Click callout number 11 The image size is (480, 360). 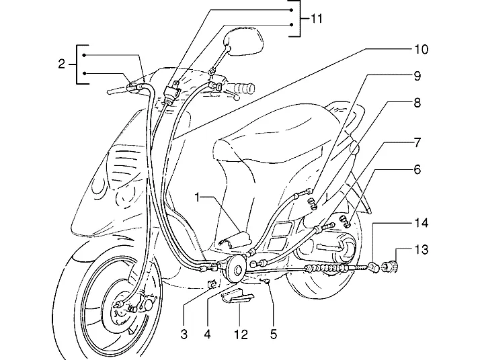tap(317, 19)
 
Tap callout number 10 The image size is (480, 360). tap(422, 49)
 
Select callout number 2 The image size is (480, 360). tap(62, 64)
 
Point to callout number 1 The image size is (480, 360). tap(198, 197)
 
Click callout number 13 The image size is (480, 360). tap(422, 250)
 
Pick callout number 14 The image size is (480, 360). tap(422, 223)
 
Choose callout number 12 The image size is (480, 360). tap(241, 334)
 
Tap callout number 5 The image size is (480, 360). tap(274, 334)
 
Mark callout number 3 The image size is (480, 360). tap(184, 334)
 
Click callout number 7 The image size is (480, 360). tap(417, 142)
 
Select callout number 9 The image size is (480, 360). tap(417, 76)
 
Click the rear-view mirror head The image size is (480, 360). tap(244, 41)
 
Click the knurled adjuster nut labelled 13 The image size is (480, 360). tap(390, 267)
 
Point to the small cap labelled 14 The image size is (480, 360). tap(374, 267)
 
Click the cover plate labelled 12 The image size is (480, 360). tap(237, 298)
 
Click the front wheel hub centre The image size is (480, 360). tap(120, 309)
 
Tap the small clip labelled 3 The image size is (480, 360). tap(212, 284)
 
